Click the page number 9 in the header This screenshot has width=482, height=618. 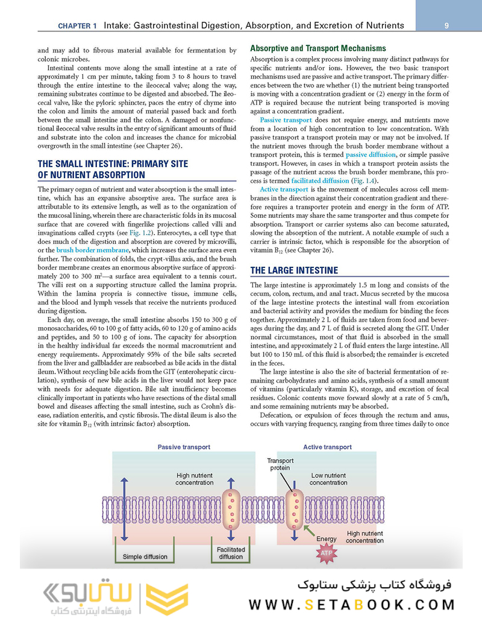pyautogui.click(x=446, y=25)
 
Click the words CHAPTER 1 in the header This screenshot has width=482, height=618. pyautogui.click(x=77, y=26)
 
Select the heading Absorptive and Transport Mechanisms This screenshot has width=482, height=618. pyautogui.click(x=318, y=48)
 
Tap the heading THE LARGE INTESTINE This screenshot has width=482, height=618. pyautogui.click(x=294, y=270)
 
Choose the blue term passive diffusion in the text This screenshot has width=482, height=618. pyautogui.click(x=370, y=155)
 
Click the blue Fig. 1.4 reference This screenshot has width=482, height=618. pyautogui.click(x=364, y=180)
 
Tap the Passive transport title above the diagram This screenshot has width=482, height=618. pyautogui.click(x=184, y=447)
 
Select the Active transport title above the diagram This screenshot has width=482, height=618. pyautogui.click(x=328, y=447)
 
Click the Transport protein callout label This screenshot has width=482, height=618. pyautogui.click(x=280, y=464)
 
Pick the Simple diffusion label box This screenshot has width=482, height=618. pyautogui.click(x=145, y=556)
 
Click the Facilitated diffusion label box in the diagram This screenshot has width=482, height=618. pyautogui.click(x=231, y=553)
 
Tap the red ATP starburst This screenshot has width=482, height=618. pyautogui.click(x=325, y=553)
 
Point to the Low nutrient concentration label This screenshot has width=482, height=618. pyautogui.click(x=328, y=479)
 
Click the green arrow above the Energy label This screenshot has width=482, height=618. pyautogui.click(x=310, y=529)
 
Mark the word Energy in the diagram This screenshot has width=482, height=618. pyautogui.click(x=327, y=538)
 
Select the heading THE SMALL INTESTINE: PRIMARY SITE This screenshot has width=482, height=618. pyautogui.click(x=113, y=164)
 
